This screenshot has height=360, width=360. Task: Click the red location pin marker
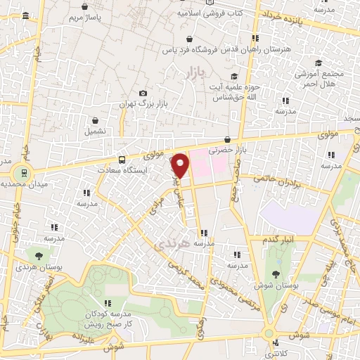point(181,165)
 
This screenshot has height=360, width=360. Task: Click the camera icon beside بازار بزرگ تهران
point(143,94)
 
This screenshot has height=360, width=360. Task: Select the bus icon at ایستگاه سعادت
point(122,159)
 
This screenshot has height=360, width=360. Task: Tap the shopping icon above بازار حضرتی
point(226,140)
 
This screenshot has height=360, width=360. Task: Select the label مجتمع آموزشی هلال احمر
point(326,78)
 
